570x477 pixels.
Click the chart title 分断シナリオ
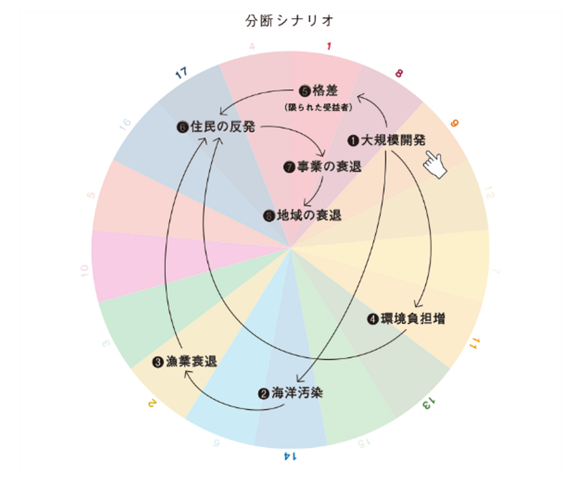point(289,21)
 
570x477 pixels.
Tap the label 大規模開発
point(393,140)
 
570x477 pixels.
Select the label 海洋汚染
point(297,393)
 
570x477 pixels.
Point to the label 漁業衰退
point(191,361)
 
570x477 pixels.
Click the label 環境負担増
point(413,318)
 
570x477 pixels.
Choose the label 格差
point(325,91)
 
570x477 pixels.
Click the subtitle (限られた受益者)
point(318,107)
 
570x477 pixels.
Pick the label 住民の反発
point(222,127)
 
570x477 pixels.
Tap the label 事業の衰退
point(329,167)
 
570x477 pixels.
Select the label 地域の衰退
point(309,215)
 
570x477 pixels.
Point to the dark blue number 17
point(181,73)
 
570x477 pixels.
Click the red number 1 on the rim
point(329,46)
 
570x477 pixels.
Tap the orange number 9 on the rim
point(454,123)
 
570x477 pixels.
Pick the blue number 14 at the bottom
point(290,456)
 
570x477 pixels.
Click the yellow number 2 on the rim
point(152,403)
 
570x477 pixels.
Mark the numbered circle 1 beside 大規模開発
point(353,140)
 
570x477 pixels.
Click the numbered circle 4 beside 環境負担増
point(372,319)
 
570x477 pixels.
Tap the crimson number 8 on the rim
point(399,73)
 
